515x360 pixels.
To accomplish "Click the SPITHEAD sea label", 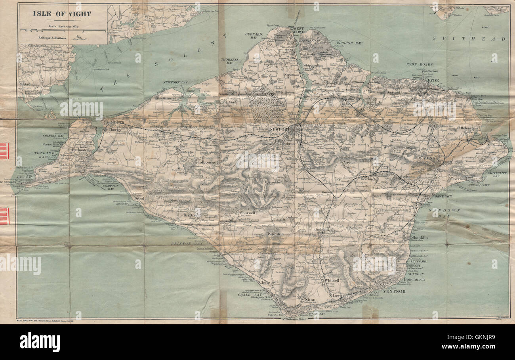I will pyautogui.click(x=469, y=39).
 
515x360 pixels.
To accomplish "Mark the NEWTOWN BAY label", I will pyautogui.click(x=175, y=82).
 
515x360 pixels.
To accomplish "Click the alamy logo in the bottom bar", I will pyautogui.click(x=40, y=342).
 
